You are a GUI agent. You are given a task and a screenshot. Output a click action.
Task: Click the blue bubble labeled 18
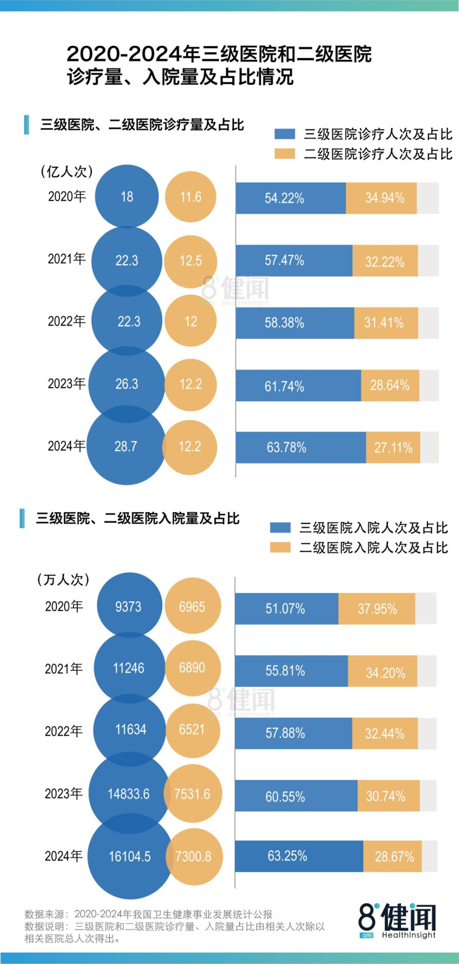click(127, 197)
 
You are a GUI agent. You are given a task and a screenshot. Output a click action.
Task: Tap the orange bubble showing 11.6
click(190, 197)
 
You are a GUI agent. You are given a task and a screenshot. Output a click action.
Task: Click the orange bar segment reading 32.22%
click(385, 261)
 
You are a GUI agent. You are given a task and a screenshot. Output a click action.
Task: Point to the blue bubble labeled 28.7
click(126, 446)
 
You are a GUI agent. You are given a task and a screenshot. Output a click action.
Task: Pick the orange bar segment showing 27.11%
click(393, 448)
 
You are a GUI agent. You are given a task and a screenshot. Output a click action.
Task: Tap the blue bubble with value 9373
click(129, 606)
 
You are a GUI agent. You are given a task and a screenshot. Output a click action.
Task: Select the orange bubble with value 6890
click(193, 668)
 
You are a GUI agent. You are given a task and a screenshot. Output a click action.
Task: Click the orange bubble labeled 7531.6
click(193, 794)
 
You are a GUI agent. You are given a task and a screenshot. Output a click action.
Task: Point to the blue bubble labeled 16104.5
click(130, 857)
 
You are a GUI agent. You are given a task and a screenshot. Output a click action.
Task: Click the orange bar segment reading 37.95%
click(377, 609)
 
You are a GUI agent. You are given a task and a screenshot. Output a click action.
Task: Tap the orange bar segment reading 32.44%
click(385, 733)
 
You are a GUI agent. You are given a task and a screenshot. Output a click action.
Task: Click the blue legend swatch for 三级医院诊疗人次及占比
click(284, 134)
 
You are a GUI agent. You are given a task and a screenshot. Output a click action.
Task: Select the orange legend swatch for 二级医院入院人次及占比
click(280, 547)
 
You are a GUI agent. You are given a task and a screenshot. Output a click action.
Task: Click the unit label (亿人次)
click(66, 172)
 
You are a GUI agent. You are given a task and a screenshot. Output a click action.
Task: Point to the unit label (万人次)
click(63, 580)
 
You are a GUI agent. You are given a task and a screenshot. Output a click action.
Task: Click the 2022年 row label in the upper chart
click(66, 321)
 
